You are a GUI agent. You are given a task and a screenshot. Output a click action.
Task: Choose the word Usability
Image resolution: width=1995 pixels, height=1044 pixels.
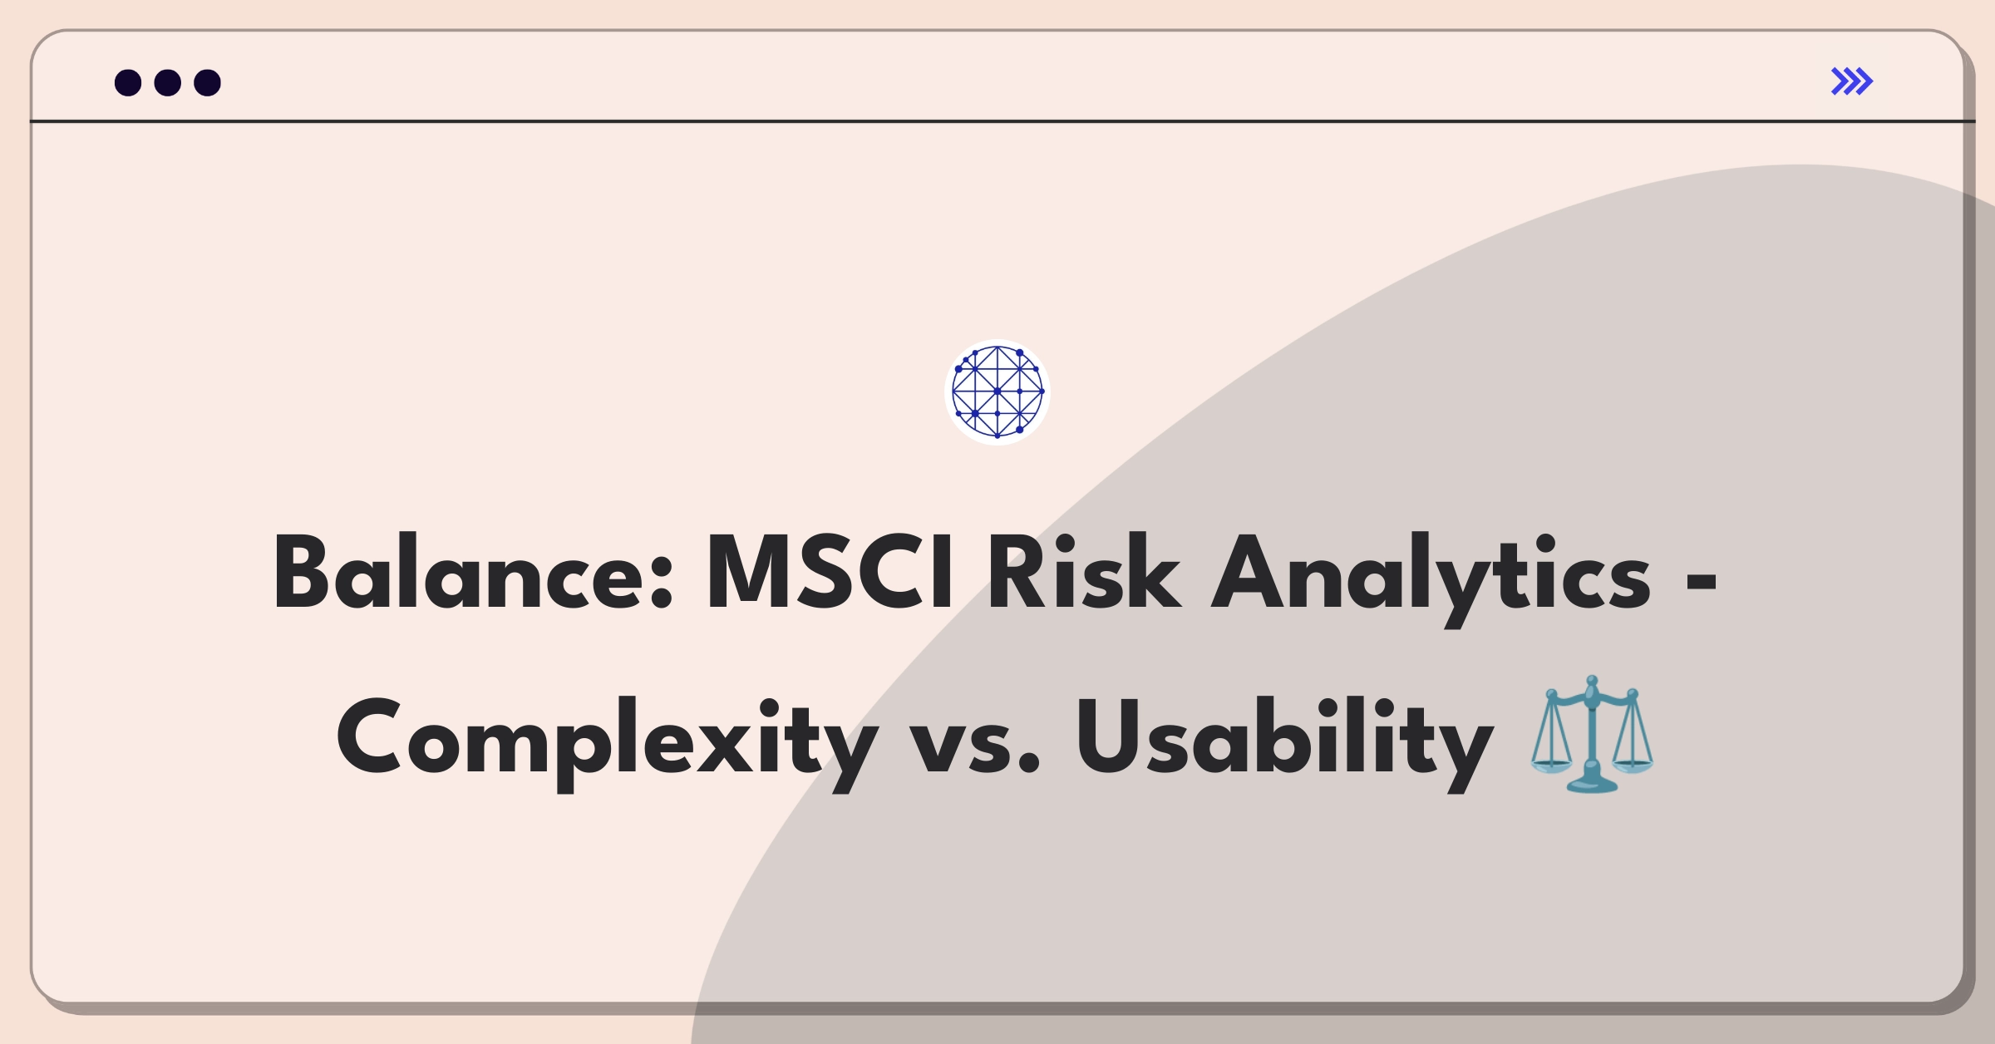[x=1284, y=742]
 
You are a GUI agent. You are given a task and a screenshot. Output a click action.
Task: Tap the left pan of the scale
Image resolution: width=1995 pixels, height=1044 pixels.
[x=1551, y=765]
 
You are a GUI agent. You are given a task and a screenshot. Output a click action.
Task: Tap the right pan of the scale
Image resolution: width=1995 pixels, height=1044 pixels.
[x=1633, y=763]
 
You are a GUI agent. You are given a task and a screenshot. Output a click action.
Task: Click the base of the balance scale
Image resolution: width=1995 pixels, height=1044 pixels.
[x=1592, y=784]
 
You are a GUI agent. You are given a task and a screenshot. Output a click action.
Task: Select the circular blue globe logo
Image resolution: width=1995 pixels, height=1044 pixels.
[x=997, y=391]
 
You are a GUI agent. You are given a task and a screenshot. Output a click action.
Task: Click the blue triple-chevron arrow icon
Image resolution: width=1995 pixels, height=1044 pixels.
[x=1852, y=81]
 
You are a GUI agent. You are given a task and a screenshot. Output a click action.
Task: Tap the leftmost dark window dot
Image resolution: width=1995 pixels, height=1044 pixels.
[x=128, y=82]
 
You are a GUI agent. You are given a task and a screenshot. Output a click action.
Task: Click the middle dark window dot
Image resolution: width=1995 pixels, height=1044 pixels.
[x=168, y=82]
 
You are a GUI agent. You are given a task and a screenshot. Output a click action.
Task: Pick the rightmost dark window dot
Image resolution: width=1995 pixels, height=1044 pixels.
[x=207, y=82]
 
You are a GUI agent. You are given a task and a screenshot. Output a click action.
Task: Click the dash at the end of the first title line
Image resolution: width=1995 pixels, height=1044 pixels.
[x=1702, y=584]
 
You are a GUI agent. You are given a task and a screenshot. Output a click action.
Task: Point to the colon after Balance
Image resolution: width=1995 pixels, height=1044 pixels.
[x=662, y=584]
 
